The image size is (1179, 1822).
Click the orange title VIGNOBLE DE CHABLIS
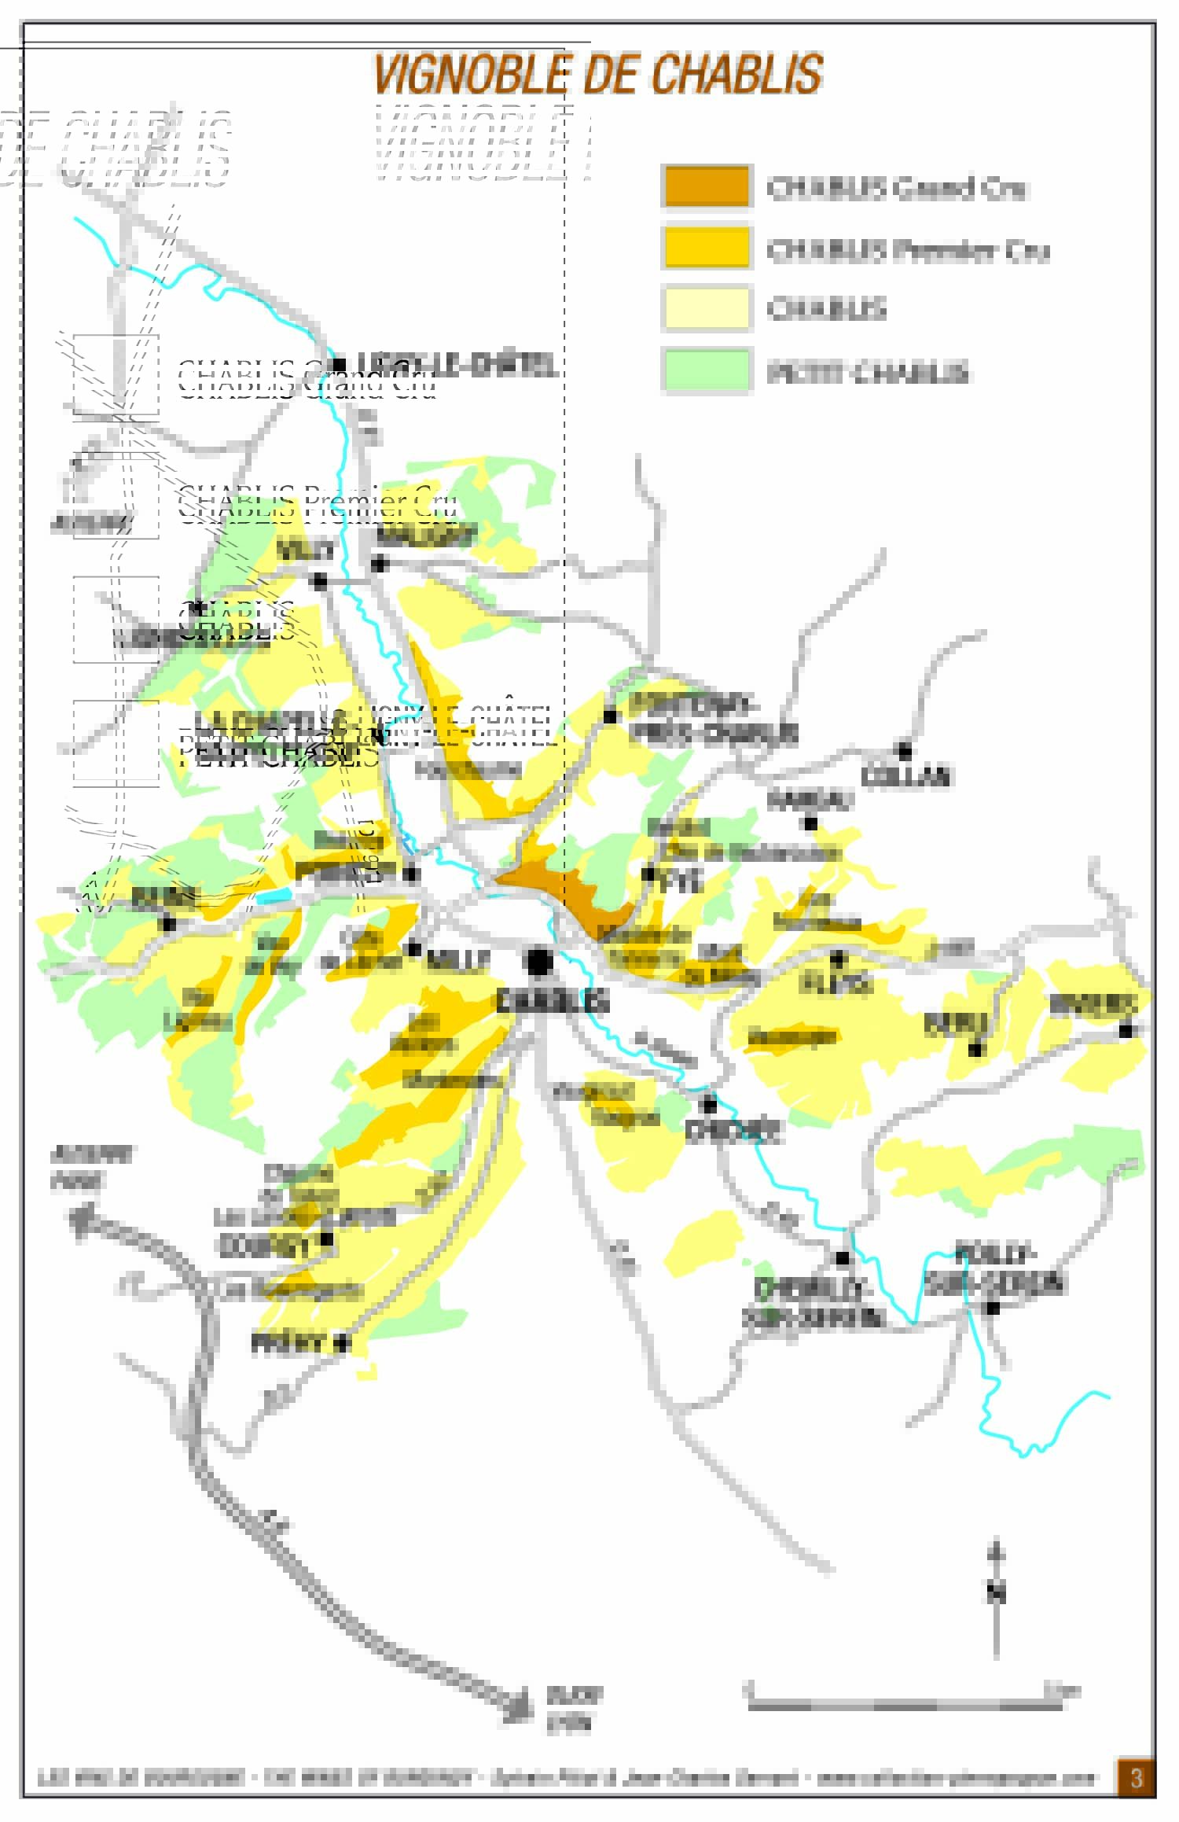point(597,75)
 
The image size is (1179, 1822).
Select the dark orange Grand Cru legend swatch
point(707,186)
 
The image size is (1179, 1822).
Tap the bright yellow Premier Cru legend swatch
point(707,247)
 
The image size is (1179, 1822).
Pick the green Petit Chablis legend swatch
point(707,370)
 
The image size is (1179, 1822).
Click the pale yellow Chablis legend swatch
point(707,307)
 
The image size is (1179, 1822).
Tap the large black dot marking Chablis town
point(539,962)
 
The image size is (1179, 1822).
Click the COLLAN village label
point(905,776)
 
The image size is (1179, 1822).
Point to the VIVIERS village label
point(1093,1004)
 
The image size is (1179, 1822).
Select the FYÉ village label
point(681,882)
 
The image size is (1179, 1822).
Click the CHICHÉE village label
point(733,1132)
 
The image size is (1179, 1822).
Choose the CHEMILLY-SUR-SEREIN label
point(813,1304)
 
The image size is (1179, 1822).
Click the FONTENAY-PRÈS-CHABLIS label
point(711,719)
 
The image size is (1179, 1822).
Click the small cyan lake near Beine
point(273,896)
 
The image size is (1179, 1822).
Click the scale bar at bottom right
point(904,1705)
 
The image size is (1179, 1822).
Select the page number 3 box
point(1136,1778)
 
